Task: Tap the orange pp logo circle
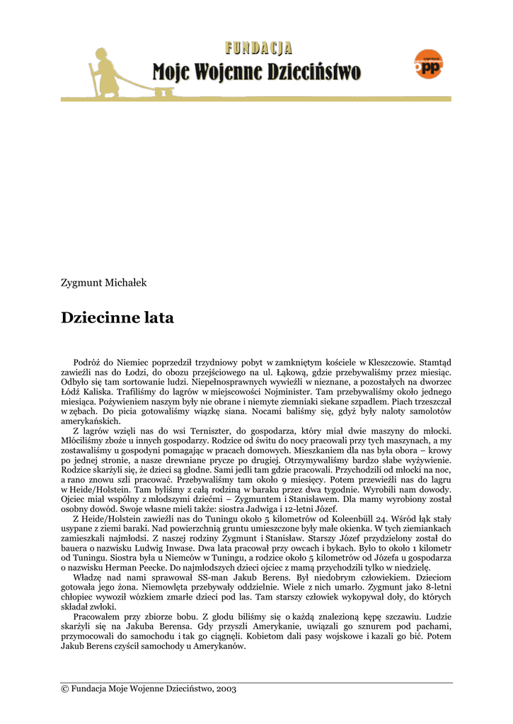pyautogui.click(x=428, y=65)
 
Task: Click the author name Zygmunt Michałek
pyautogui.click(x=104, y=283)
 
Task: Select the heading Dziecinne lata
pyautogui.click(x=117, y=317)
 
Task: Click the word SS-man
pyautogui.click(x=200, y=577)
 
